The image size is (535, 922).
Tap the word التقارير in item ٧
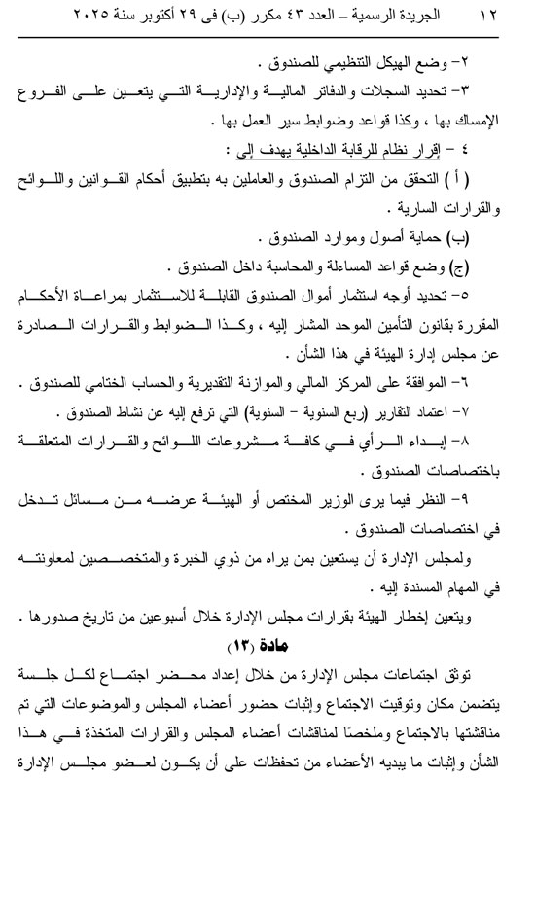click(x=406, y=401)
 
